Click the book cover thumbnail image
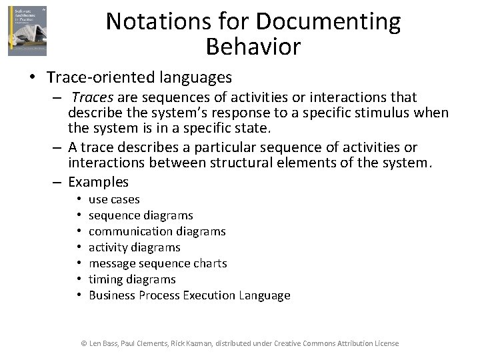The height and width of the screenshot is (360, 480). [x=27, y=31]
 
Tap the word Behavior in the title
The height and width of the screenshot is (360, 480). [x=253, y=47]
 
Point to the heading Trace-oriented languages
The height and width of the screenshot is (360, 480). [x=139, y=77]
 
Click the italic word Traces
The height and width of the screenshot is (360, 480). [x=92, y=98]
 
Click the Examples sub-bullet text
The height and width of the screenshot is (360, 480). [x=98, y=182]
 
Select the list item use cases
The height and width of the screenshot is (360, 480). [x=114, y=199]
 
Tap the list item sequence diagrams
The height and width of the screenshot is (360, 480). [x=141, y=215]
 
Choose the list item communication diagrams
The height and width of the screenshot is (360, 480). [x=157, y=231]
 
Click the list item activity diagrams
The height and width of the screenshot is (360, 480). [x=134, y=247]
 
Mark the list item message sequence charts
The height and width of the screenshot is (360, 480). [x=157, y=263]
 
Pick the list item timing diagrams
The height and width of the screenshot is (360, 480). [x=132, y=279]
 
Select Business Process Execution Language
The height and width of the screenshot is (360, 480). [x=189, y=295]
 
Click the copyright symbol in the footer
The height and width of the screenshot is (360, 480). [x=84, y=343]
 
